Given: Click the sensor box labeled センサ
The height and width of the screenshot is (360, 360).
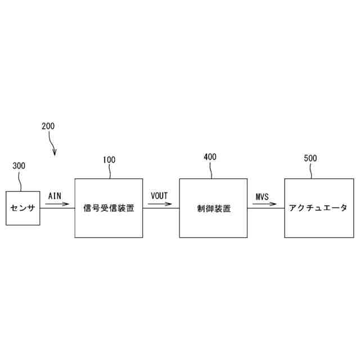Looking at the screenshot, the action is click(23, 208).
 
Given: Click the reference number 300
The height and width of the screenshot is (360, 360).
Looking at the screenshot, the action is click(19, 166).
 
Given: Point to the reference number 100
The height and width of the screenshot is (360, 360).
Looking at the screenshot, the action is click(109, 160).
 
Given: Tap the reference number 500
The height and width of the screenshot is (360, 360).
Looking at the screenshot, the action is click(310, 158).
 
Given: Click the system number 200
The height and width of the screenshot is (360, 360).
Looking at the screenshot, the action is click(48, 126).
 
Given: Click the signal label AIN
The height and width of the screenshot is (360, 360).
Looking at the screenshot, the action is click(55, 196).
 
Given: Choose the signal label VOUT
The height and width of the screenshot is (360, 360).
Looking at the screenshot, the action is click(160, 195).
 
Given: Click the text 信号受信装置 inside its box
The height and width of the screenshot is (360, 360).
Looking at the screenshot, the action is click(109, 208).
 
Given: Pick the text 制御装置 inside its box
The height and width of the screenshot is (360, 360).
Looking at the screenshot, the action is click(213, 208).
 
